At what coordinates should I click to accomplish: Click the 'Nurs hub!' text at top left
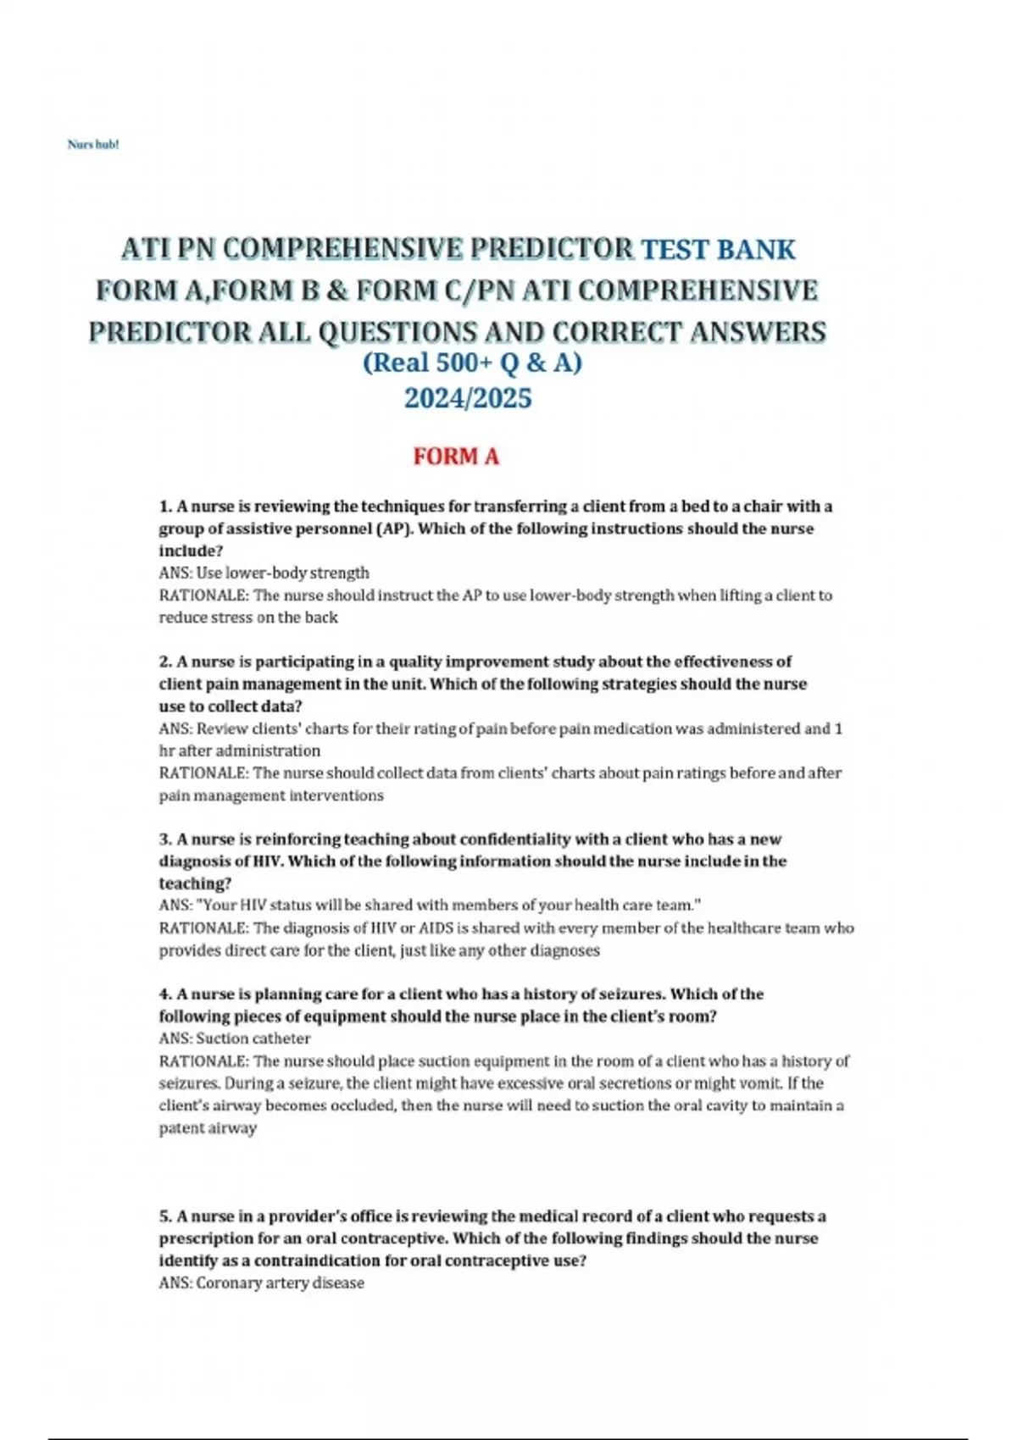pyautogui.click(x=93, y=145)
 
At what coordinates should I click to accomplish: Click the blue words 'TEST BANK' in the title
pyautogui.click(x=718, y=250)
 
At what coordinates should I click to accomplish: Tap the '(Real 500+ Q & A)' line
pyautogui.click(x=472, y=363)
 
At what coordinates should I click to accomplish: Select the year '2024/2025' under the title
pyautogui.click(x=468, y=398)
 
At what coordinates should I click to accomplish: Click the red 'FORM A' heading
pyautogui.click(x=456, y=457)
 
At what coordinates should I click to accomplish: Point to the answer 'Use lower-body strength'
pyautogui.click(x=282, y=573)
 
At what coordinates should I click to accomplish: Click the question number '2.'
pyautogui.click(x=166, y=662)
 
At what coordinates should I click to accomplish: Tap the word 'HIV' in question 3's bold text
pyautogui.click(x=264, y=861)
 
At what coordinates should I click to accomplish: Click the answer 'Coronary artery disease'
pyautogui.click(x=280, y=1283)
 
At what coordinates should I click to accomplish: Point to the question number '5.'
pyautogui.click(x=166, y=1216)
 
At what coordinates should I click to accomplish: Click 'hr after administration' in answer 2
pyautogui.click(x=240, y=751)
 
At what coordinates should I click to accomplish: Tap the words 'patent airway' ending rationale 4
pyautogui.click(x=208, y=1128)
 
